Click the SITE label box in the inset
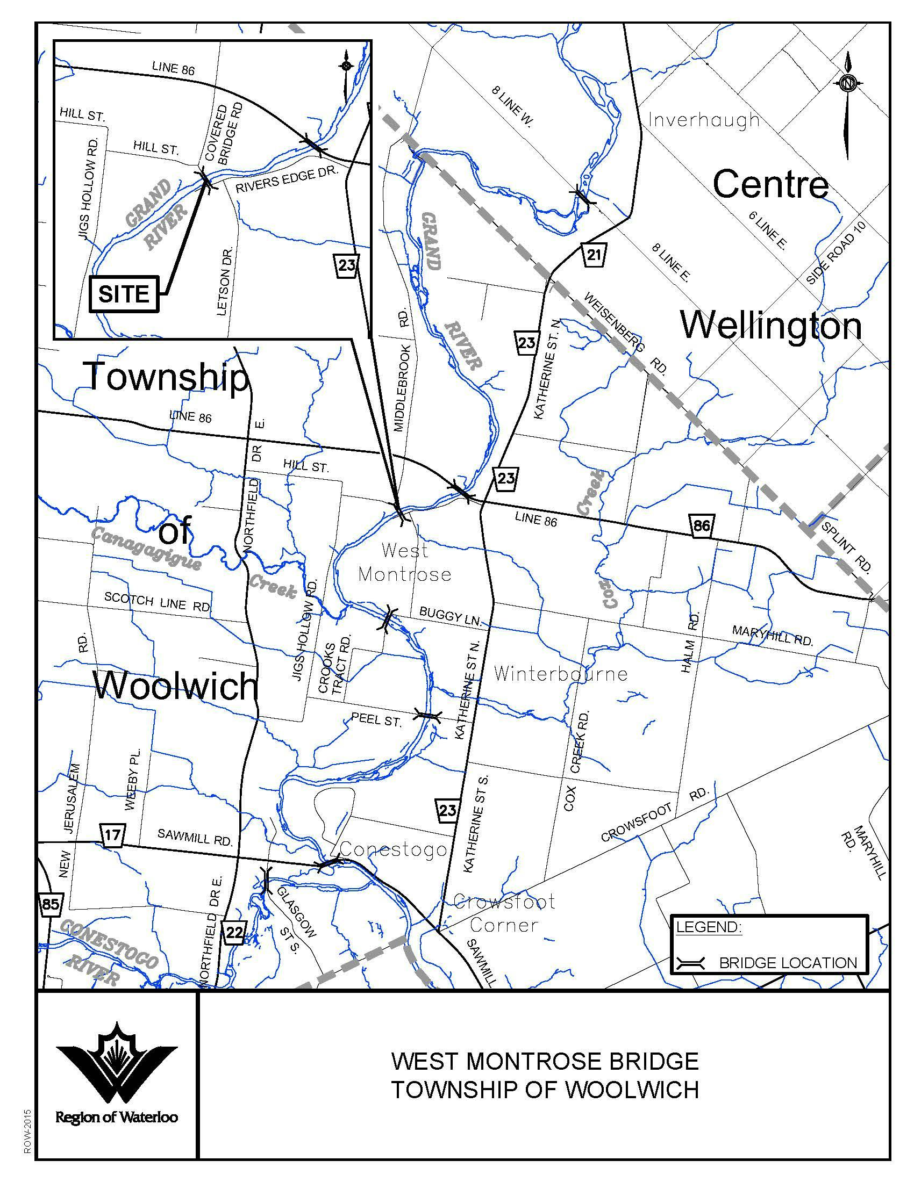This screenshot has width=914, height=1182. (x=124, y=294)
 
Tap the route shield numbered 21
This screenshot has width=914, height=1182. (x=594, y=254)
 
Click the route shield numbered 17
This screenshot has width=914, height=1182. (x=112, y=834)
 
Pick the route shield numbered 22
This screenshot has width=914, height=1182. (x=234, y=932)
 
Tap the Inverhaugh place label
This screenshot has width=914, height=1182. (x=704, y=120)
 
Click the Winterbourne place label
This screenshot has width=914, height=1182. (x=560, y=674)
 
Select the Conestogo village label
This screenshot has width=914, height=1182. (x=393, y=850)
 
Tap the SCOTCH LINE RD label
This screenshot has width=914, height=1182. (x=157, y=602)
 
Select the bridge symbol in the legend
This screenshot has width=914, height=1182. (x=690, y=963)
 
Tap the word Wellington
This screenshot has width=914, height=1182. (x=770, y=326)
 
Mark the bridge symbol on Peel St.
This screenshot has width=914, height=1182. (x=428, y=716)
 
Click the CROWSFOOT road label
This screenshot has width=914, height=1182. (x=636, y=823)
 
